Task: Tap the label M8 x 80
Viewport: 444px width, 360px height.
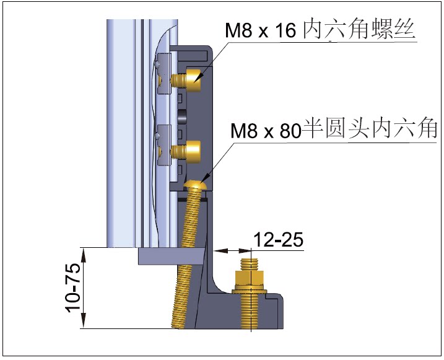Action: (x=265, y=131)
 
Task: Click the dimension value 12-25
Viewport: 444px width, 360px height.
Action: (x=278, y=240)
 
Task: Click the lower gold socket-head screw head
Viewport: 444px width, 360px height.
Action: (x=193, y=151)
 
